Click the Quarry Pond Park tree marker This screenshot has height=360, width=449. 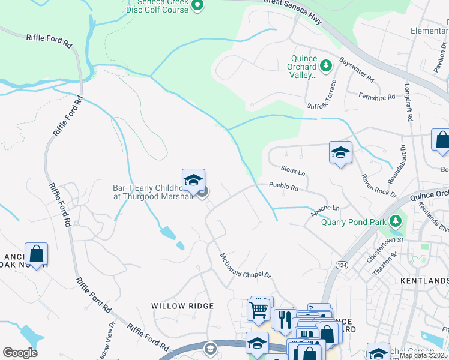(x=395, y=221)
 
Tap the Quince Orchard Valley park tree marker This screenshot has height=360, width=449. (x=326, y=65)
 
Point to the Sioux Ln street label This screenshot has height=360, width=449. (x=293, y=171)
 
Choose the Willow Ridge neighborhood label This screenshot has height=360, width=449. (x=182, y=306)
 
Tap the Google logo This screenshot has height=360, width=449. (x=20, y=353)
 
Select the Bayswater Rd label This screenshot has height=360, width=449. (x=356, y=70)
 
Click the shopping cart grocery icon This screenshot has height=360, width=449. (x=259, y=309)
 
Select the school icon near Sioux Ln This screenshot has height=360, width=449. (x=340, y=152)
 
